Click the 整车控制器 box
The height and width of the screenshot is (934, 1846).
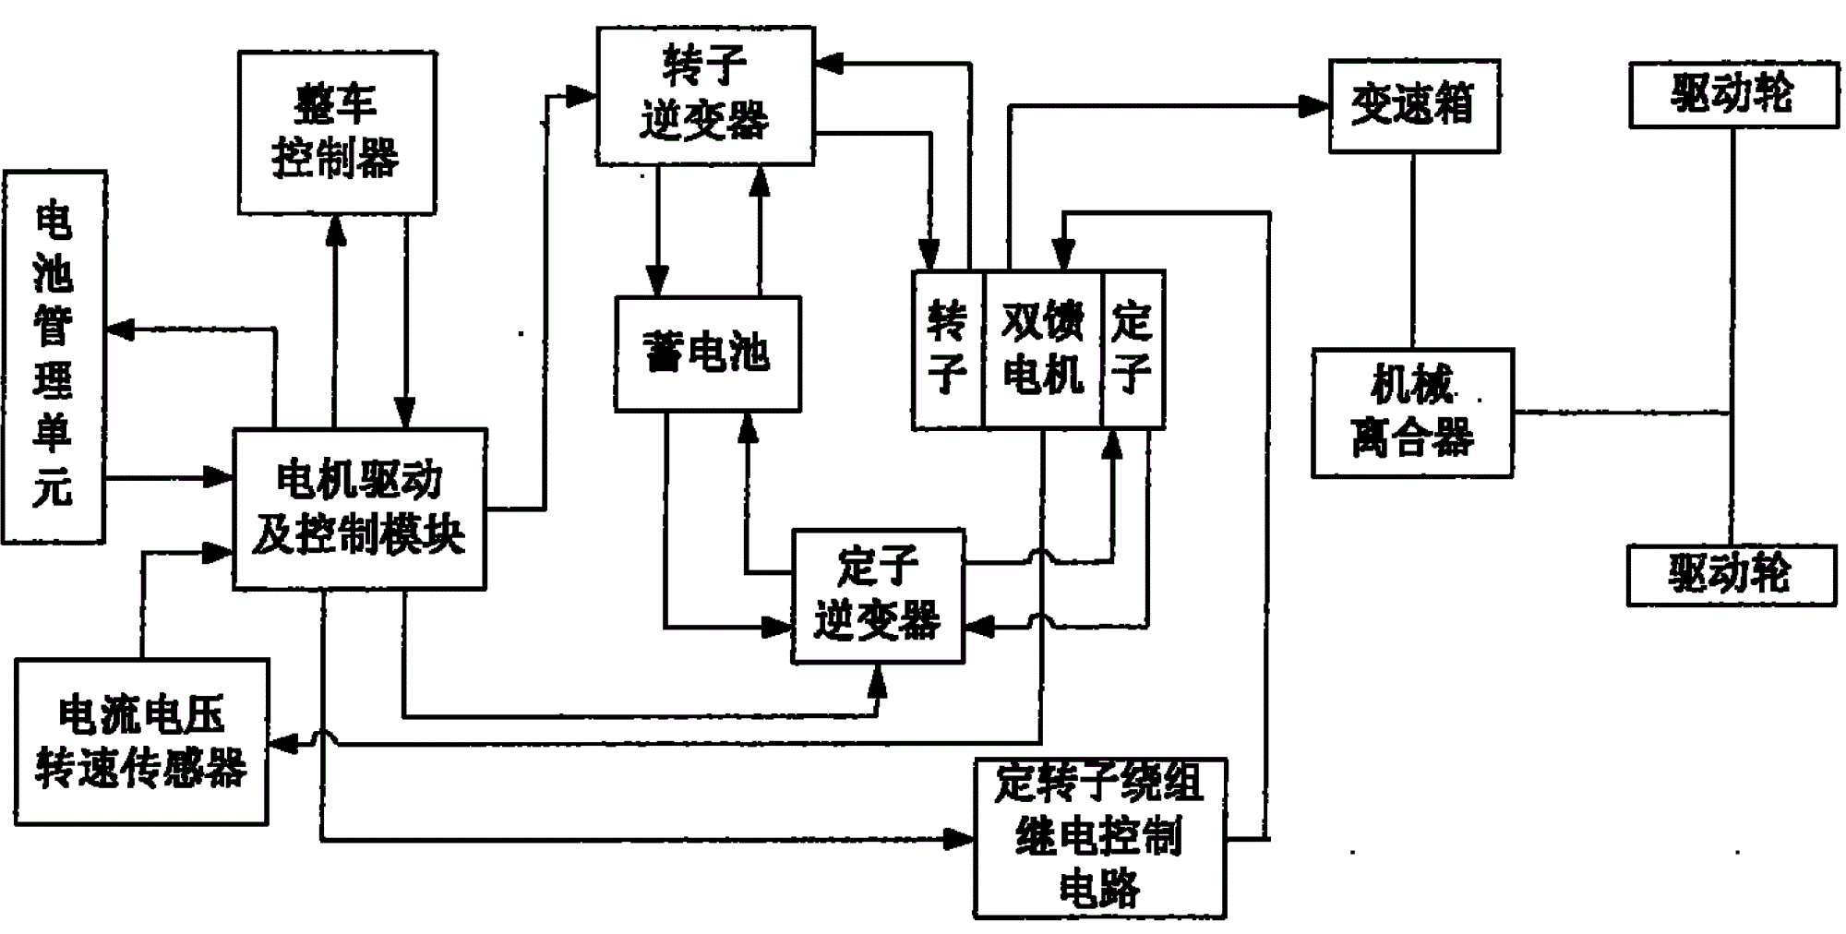[337, 132]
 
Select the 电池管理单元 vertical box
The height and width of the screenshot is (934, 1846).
[54, 356]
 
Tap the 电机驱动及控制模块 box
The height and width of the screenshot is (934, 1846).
[359, 509]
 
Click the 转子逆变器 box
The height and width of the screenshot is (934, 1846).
[705, 96]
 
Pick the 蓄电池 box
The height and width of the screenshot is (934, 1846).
[707, 353]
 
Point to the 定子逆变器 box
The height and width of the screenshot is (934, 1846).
[878, 595]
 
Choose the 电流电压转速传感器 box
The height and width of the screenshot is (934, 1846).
[141, 741]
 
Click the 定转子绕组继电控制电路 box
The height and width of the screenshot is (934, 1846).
[1099, 837]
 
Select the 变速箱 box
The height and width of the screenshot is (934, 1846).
[1413, 105]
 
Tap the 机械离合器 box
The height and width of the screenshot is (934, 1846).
[1412, 413]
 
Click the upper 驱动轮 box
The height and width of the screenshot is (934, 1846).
[1732, 94]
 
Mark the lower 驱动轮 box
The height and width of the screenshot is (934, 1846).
[1731, 575]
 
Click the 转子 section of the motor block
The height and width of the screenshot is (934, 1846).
[947, 349]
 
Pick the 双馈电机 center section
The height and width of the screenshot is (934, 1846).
[1043, 349]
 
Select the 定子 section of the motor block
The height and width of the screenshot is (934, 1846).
[1133, 349]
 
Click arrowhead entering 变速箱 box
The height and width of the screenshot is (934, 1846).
[1314, 105]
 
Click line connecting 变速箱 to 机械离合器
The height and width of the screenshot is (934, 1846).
[1412, 249]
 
